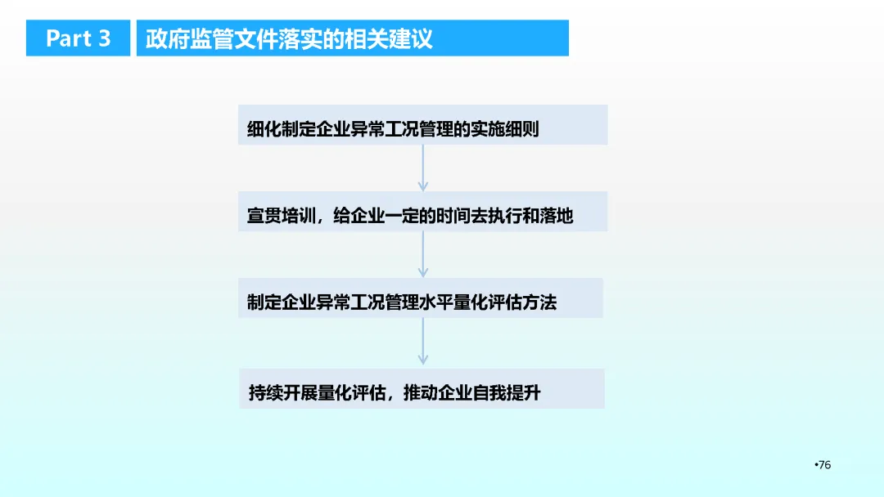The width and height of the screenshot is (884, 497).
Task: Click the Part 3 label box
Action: (x=78, y=38)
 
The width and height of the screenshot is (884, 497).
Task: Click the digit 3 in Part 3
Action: (x=103, y=38)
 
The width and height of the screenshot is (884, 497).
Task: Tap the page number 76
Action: (x=824, y=465)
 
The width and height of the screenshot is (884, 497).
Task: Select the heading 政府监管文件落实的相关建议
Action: (x=289, y=38)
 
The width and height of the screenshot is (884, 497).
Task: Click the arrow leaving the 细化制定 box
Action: (x=423, y=168)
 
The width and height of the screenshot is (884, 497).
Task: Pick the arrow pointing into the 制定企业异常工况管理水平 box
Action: (x=423, y=254)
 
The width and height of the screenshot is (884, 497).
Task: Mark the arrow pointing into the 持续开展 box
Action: (x=423, y=341)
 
